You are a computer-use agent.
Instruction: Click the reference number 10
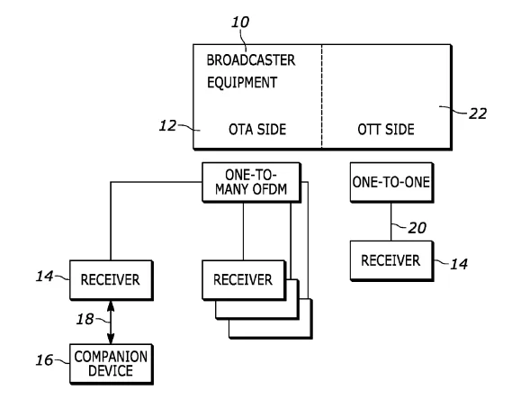tap(240, 23)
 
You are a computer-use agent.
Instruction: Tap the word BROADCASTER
tap(251, 60)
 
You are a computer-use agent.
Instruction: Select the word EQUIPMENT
tap(242, 83)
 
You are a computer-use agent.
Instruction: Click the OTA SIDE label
tap(257, 129)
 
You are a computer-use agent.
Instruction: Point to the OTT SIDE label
tap(386, 129)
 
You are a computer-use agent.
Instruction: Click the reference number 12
tap(167, 126)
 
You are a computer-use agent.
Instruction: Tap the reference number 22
tap(478, 114)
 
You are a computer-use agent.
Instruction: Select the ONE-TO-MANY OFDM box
tap(252, 182)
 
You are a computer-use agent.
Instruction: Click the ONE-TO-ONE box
tap(391, 182)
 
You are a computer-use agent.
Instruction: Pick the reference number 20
tap(417, 228)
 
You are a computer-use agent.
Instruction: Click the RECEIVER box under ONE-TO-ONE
tap(391, 261)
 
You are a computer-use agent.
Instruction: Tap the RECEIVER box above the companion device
tap(112, 280)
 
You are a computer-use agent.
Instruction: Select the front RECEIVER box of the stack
tap(244, 280)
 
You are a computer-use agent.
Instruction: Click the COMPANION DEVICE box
tap(112, 364)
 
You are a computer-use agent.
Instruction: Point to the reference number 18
tap(85, 320)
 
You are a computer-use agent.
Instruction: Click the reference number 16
tap(44, 360)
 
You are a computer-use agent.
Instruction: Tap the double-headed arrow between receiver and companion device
tap(111, 323)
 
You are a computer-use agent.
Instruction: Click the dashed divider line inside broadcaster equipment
tap(321, 95)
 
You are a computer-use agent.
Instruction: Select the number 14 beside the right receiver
tap(459, 264)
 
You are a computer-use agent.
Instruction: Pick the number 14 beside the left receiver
tap(44, 277)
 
